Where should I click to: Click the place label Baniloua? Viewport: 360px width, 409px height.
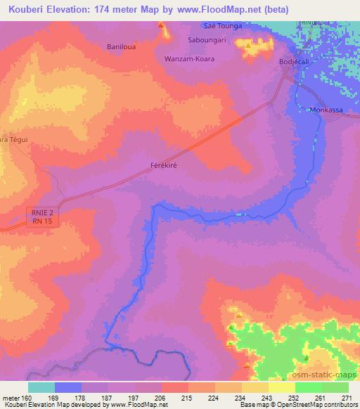[120, 46]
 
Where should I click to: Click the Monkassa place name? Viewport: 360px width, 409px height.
[326, 111]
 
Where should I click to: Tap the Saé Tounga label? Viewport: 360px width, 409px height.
[222, 26]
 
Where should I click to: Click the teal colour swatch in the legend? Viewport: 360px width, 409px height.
[41, 387]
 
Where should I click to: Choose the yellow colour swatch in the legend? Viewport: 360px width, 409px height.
[282, 387]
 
